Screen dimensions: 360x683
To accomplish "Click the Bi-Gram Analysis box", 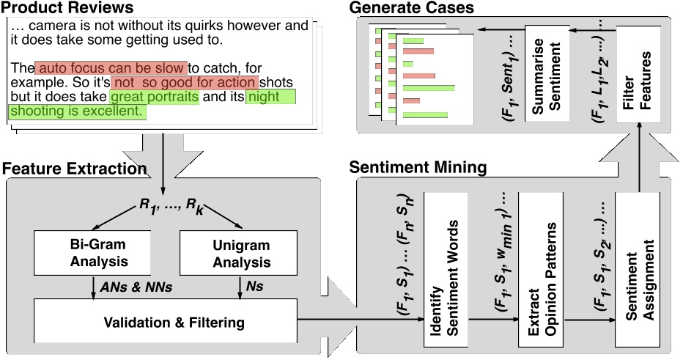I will (x=92, y=251).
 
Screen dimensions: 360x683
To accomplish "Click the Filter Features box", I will (x=637, y=71).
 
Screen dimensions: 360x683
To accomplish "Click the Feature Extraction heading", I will (x=74, y=169).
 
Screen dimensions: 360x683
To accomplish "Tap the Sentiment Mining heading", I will (x=418, y=167).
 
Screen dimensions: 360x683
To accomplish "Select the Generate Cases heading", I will (x=411, y=9).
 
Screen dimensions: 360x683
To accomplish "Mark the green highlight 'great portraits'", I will (x=154, y=97).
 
